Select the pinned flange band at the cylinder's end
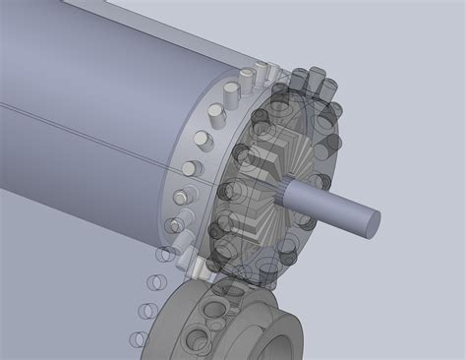[197, 167]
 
